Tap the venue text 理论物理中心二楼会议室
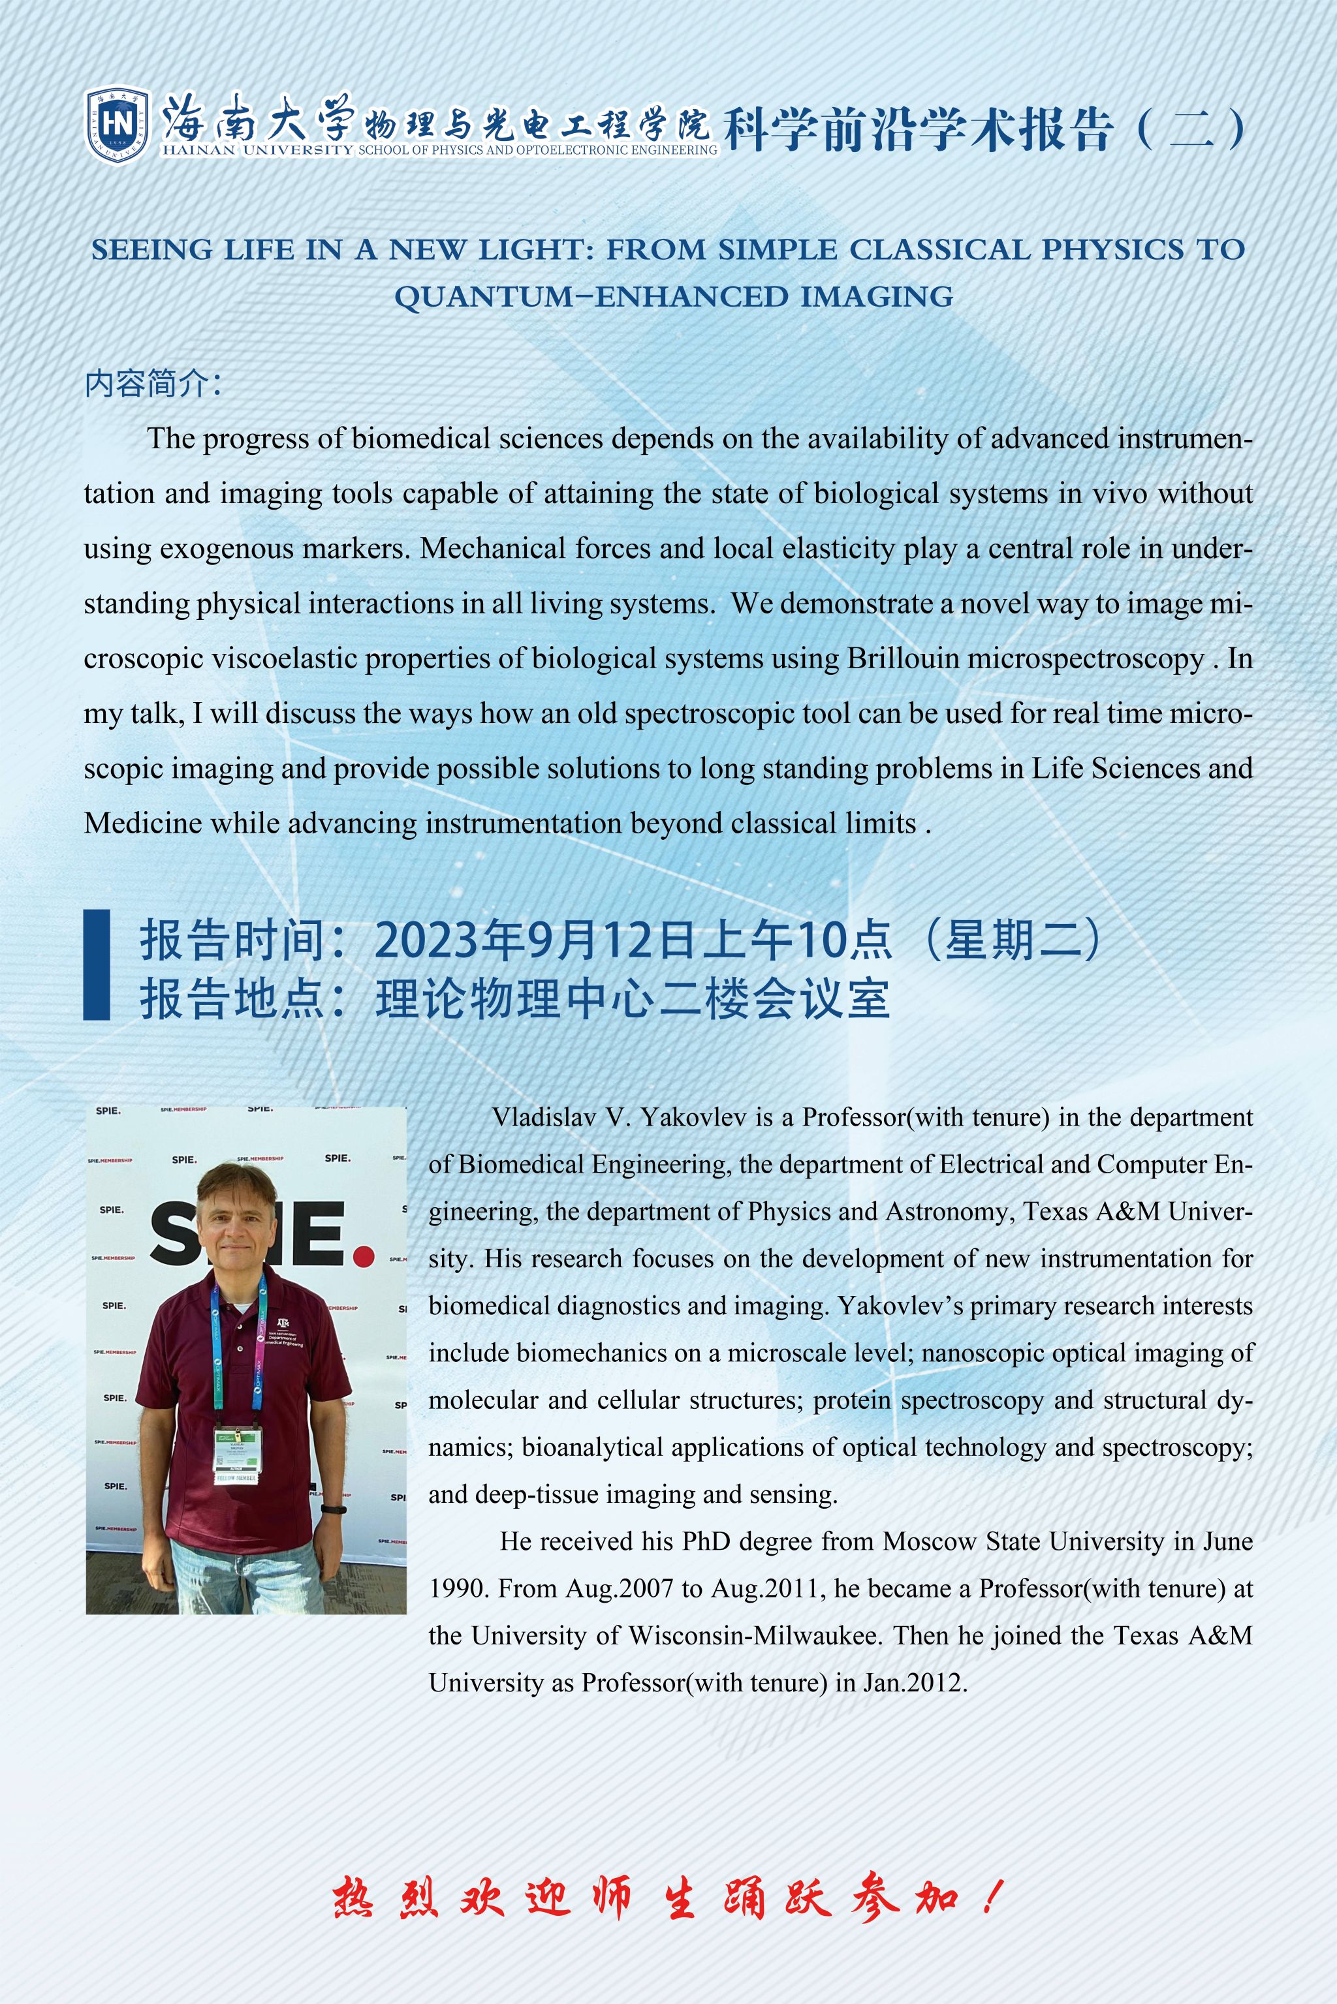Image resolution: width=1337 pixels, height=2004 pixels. pos(633,999)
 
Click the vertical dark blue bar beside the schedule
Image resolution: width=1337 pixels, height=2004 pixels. pos(97,964)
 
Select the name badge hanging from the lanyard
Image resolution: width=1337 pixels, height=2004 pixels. pos(237,1453)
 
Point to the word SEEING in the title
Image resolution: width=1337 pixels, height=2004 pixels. pos(151,250)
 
